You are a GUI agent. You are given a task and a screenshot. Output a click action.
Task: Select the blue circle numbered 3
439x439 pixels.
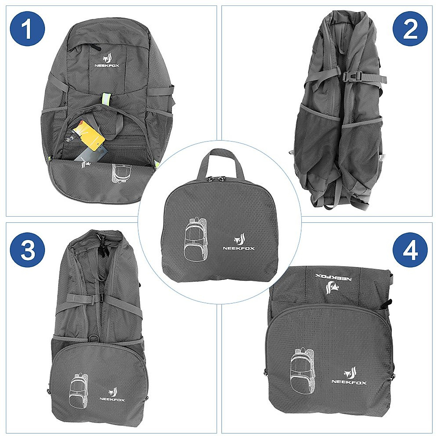(28, 251)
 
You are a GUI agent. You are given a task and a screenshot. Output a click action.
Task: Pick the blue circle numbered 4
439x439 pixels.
(410, 251)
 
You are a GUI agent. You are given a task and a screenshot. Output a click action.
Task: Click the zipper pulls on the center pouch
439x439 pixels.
(216, 179)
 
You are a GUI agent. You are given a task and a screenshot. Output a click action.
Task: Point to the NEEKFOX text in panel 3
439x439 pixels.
(112, 400)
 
